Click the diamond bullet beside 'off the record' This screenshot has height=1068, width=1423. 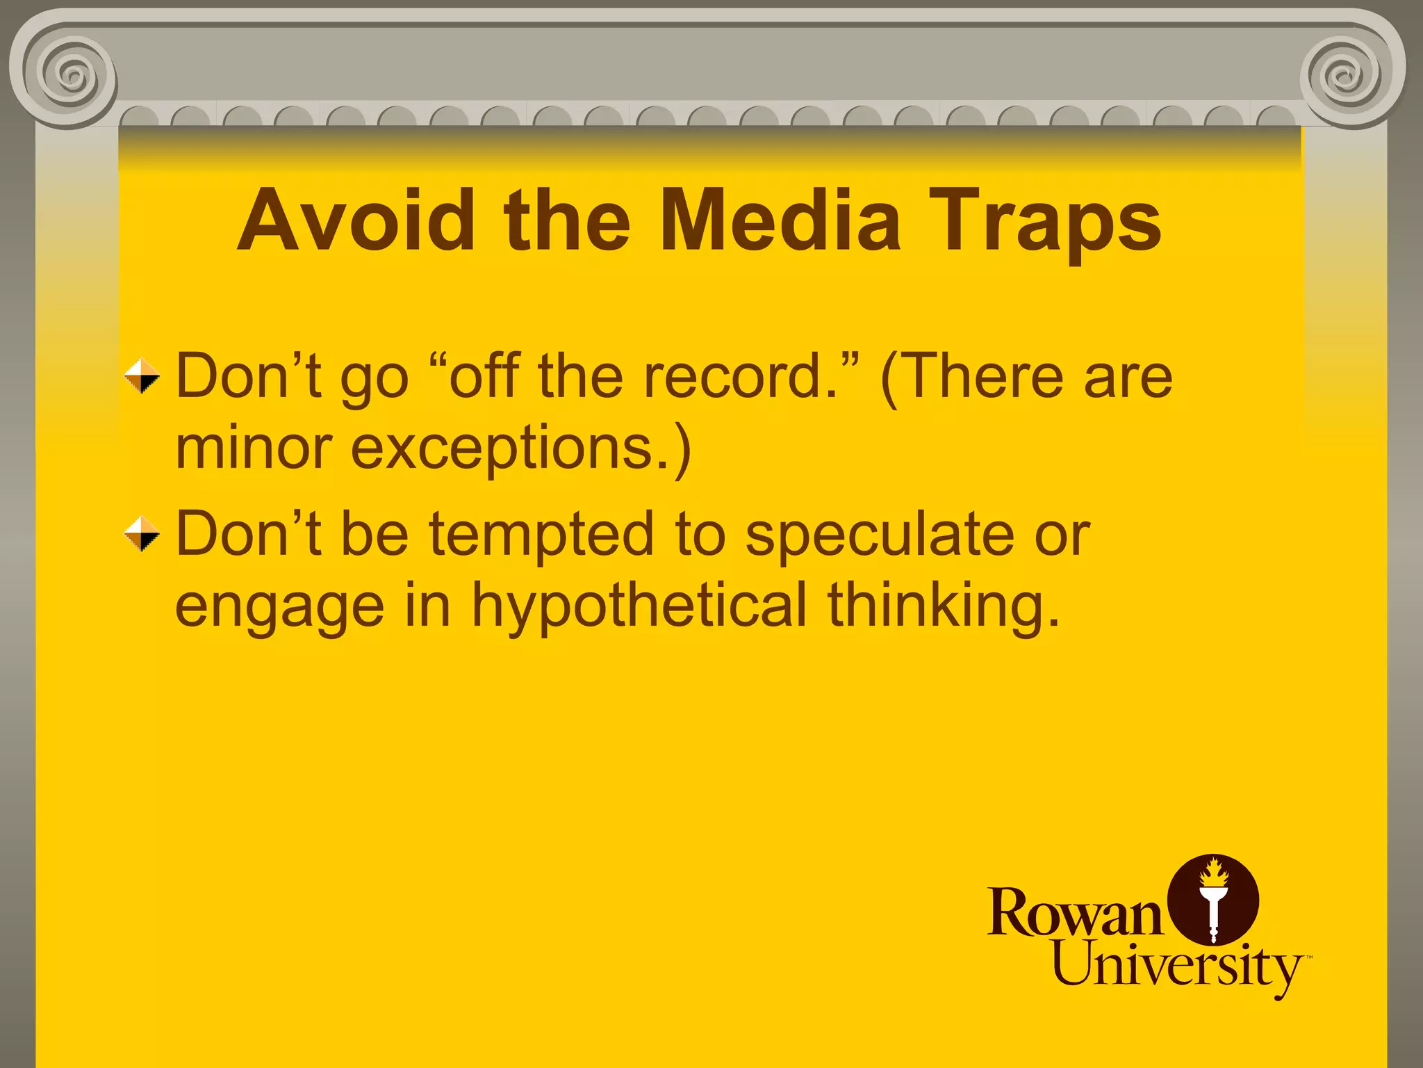(142, 376)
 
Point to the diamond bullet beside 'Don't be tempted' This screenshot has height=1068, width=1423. (142, 534)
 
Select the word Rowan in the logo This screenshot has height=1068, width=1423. (1074, 913)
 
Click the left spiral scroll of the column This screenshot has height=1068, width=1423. (69, 73)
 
